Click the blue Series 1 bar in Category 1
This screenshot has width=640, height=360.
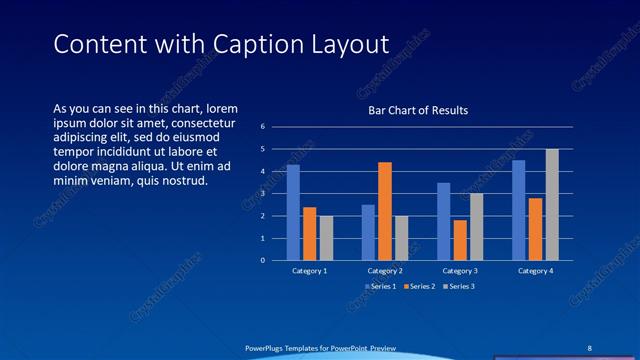[x=293, y=212]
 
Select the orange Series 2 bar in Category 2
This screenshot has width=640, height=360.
[x=385, y=211]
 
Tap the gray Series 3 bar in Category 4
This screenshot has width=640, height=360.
[x=552, y=204]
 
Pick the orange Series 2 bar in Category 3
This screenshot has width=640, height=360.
[x=460, y=240]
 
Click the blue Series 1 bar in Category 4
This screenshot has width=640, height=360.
[x=518, y=210]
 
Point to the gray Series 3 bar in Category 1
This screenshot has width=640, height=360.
[x=326, y=238]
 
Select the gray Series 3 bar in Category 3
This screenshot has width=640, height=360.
[x=477, y=227]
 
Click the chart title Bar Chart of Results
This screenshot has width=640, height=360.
[x=418, y=111]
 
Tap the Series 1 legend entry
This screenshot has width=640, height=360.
[x=381, y=286]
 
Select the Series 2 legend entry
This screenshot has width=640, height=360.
[x=421, y=286]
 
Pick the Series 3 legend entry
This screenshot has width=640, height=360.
[x=459, y=286]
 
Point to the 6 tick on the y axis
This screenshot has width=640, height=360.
[x=262, y=127]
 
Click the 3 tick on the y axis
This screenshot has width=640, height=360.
[x=262, y=194]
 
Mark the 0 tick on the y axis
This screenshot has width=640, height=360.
[x=262, y=261]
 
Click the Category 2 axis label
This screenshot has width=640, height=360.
[x=385, y=271]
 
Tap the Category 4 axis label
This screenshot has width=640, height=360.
[x=535, y=271]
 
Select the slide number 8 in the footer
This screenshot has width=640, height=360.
[x=590, y=347]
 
